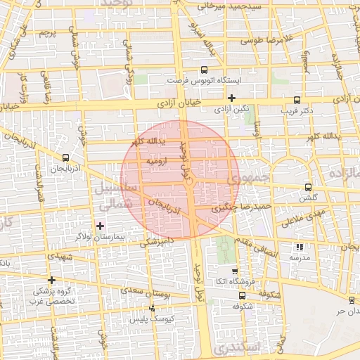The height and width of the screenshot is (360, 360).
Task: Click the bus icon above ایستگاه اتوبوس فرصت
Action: [204, 70]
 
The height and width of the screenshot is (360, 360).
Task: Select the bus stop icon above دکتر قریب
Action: [297, 99]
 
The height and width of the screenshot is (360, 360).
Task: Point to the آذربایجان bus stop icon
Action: [65, 157]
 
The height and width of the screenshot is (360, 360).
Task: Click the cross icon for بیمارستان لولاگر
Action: [100, 226]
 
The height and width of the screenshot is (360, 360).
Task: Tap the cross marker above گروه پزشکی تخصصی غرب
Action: [51, 280]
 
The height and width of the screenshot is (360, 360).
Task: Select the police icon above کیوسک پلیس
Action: [153, 308]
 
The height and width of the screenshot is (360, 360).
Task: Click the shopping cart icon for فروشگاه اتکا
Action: [235, 271]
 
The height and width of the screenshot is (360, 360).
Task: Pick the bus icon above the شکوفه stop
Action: [241, 295]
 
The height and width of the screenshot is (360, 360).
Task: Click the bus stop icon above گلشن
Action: [308, 188]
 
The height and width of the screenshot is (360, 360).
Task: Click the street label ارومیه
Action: [157, 162]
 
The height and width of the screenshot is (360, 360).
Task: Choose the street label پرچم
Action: [47, 32]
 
